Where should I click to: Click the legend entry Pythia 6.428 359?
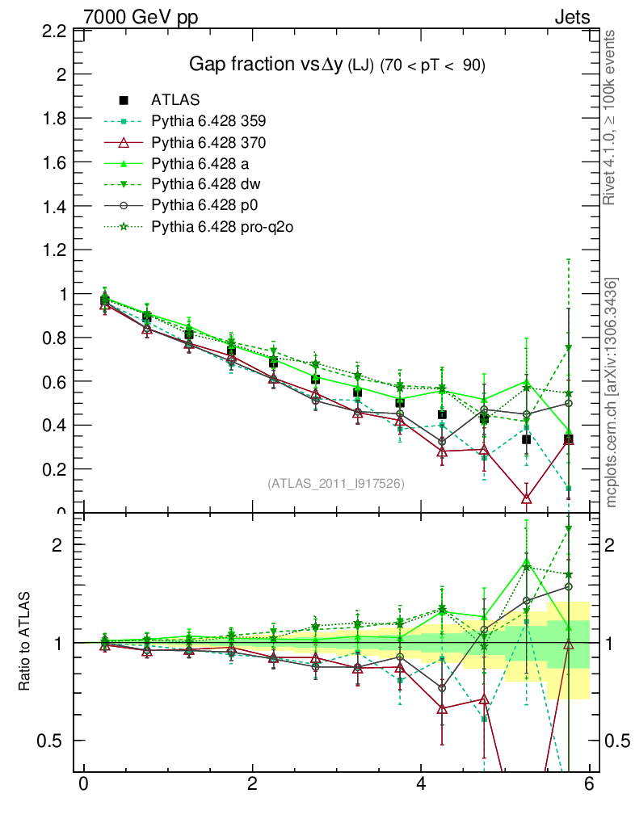pyautogui.click(x=208, y=121)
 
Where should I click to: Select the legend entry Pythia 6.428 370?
pyautogui.click(x=208, y=142)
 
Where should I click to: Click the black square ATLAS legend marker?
pyautogui.click(x=124, y=100)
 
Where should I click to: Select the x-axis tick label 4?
pyautogui.click(x=421, y=784)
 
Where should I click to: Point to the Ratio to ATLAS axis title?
pyautogui.click(x=24, y=642)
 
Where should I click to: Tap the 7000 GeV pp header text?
pyautogui.click(x=140, y=15)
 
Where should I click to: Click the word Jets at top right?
pyautogui.click(x=571, y=15)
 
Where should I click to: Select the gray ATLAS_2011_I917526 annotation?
pyautogui.click(x=336, y=483)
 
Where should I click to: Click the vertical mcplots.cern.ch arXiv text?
pyautogui.click(x=612, y=392)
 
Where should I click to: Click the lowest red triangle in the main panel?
pyautogui.click(x=527, y=499)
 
